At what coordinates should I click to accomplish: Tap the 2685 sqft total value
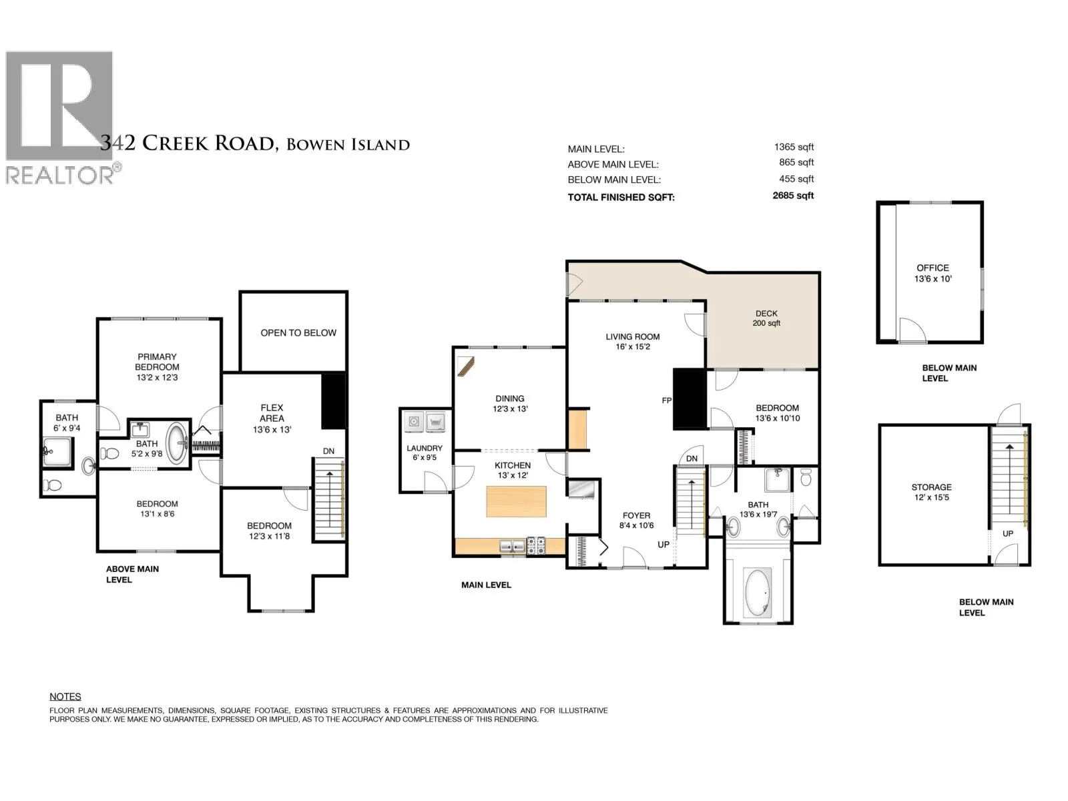tap(792, 196)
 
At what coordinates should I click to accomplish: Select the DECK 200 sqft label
tap(766, 318)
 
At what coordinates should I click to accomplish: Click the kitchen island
tap(516, 501)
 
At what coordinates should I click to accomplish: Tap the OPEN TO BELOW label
tap(298, 332)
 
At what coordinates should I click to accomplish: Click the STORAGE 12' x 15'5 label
tap(931, 492)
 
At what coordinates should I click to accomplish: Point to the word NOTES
tap(65, 696)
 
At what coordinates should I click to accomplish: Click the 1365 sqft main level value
tap(794, 147)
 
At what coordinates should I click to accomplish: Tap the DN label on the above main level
tap(328, 451)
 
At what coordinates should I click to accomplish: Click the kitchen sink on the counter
tap(513, 546)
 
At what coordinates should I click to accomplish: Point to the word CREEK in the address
tap(175, 144)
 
